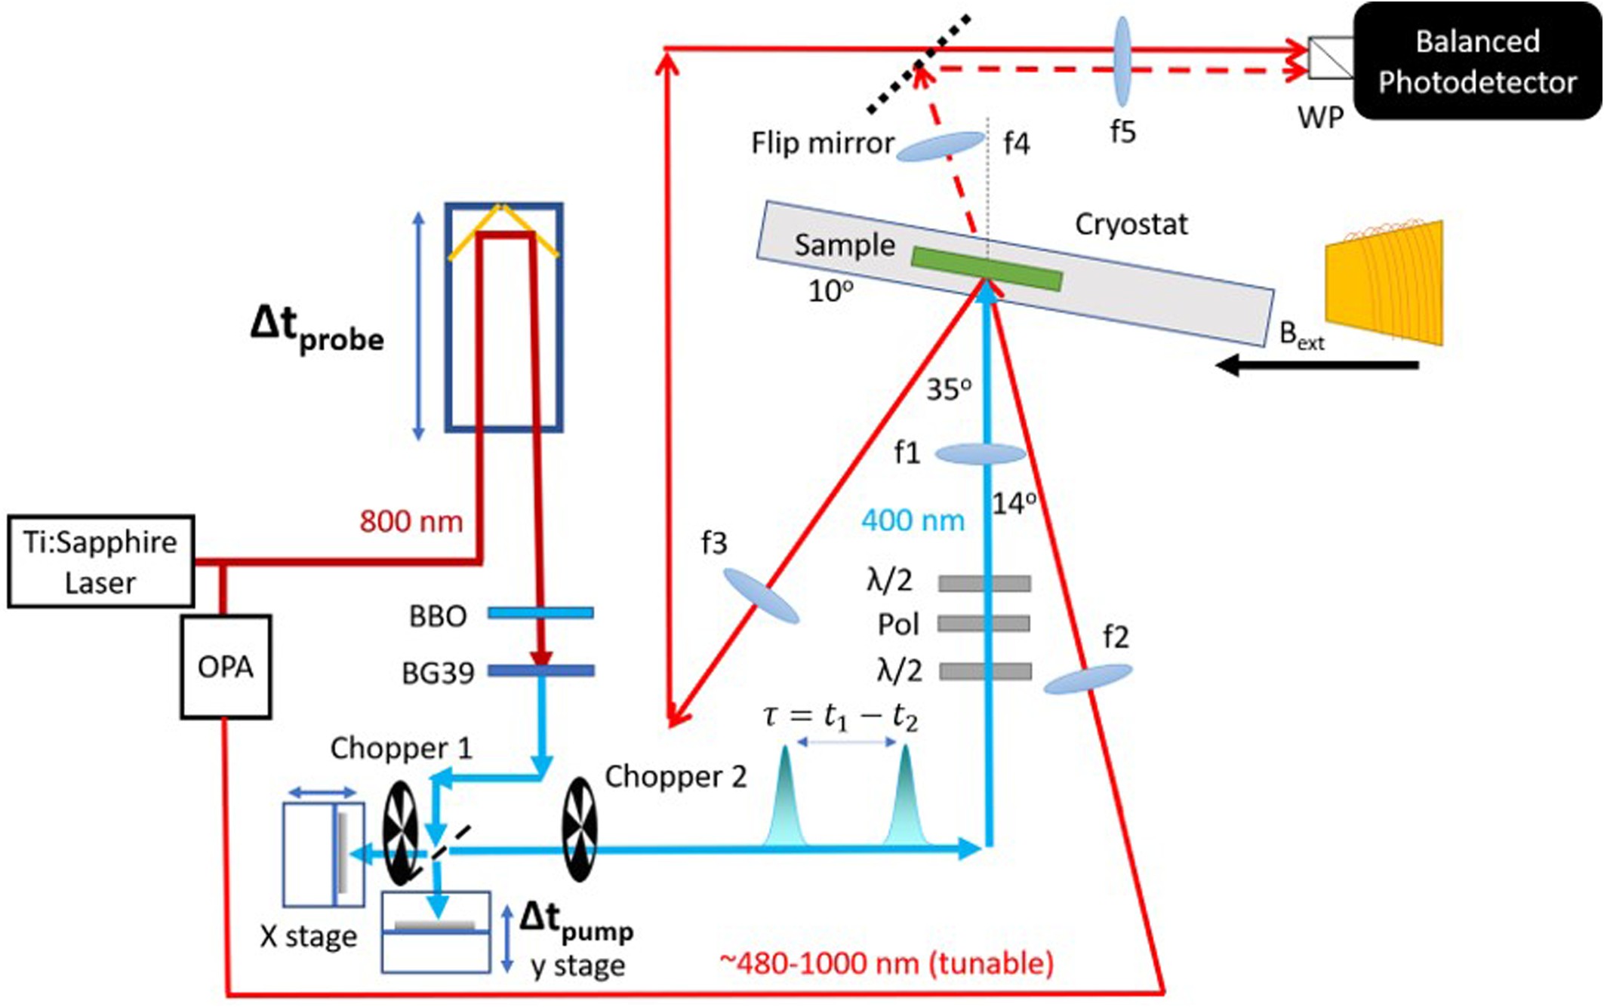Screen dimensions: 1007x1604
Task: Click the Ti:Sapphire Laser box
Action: (x=100, y=562)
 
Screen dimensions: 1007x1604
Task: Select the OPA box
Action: (x=225, y=667)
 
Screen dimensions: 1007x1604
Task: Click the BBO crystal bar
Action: (x=540, y=613)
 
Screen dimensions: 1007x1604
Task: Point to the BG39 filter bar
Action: (x=540, y=671)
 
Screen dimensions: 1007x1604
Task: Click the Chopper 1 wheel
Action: (x=400, y=834)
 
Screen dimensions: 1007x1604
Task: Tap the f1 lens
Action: (x=980, y=454)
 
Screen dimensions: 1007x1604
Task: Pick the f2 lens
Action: (x=1087, y=679)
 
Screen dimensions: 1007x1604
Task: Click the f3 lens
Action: (x=760, y=596)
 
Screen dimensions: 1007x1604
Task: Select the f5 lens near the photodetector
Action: (x=1122, y=62)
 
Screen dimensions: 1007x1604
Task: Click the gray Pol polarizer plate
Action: (x=984, y=624)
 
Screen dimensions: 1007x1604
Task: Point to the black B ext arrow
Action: (x=1317, y=366)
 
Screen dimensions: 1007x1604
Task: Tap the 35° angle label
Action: (x=948, y=390)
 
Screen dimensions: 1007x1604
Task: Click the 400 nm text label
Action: (x=912, y=520)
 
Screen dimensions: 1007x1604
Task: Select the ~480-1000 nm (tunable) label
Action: (x=886, y=963)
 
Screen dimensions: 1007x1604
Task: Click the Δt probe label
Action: (x=316, y=330)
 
